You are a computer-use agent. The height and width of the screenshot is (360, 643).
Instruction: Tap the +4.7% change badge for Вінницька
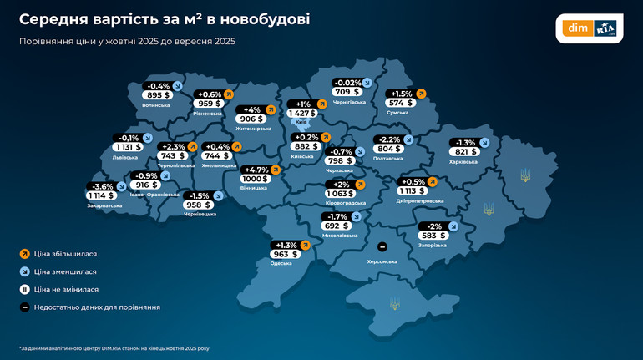(x=255, y=170)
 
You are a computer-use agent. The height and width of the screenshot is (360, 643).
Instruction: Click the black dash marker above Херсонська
(x=382, y=247)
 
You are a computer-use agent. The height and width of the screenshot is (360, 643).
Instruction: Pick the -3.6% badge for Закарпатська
(x=102, y=186)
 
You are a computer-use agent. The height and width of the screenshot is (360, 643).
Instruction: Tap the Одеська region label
(x=281, y=263)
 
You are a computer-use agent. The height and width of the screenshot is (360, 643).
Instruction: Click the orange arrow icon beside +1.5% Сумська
(x=421, y=94)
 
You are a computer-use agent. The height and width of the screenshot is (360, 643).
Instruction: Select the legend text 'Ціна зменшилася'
(x=65, y=271)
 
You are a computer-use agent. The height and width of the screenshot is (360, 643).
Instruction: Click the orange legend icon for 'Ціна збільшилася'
(x=24, y=253)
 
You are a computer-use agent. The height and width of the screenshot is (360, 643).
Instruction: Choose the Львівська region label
(x=125, y=157)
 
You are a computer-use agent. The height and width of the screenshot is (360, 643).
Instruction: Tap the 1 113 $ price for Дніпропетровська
(x=413, y=190)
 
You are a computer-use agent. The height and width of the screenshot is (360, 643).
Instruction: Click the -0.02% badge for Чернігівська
(x=347, y=83)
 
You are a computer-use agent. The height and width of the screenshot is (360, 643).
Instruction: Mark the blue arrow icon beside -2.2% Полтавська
(x=408, y=139)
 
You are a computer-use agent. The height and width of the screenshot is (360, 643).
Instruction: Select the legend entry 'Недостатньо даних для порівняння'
(x=97, y=307)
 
